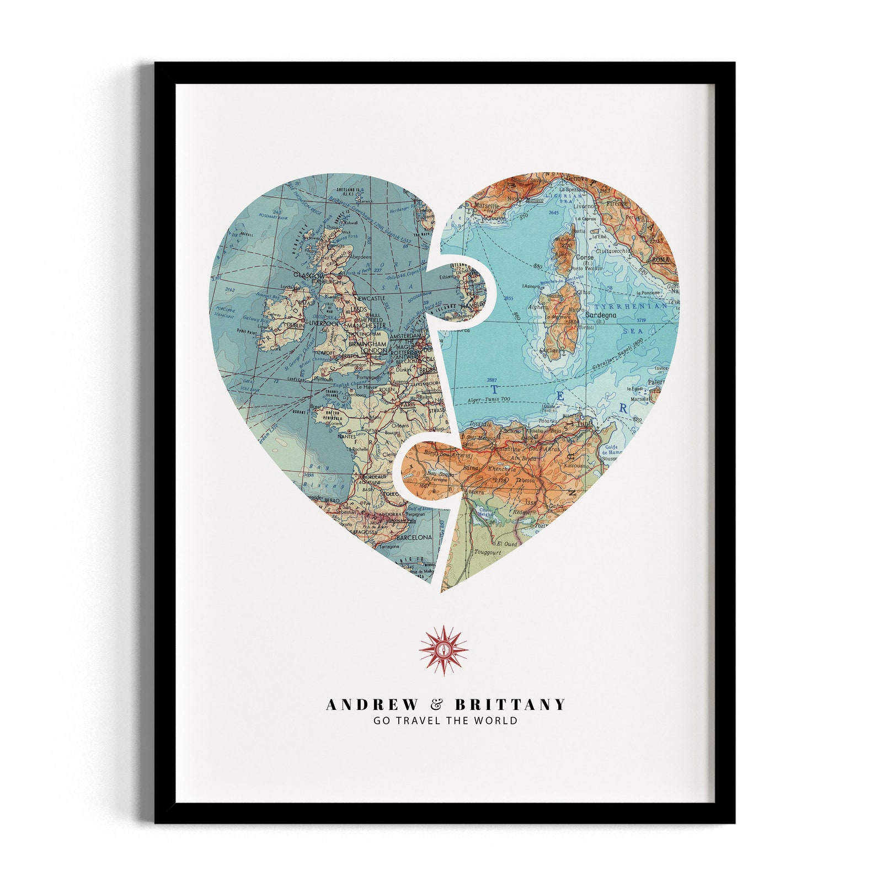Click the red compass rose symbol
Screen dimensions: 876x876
444,650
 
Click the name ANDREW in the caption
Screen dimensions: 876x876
372,704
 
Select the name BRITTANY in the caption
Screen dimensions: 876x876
510,704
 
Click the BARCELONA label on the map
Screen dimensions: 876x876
414,537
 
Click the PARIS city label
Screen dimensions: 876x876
408,404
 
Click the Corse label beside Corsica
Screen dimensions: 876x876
584,257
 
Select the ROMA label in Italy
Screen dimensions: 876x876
660,259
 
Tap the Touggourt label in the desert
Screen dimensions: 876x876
487,551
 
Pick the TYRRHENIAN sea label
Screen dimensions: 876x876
630,305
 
